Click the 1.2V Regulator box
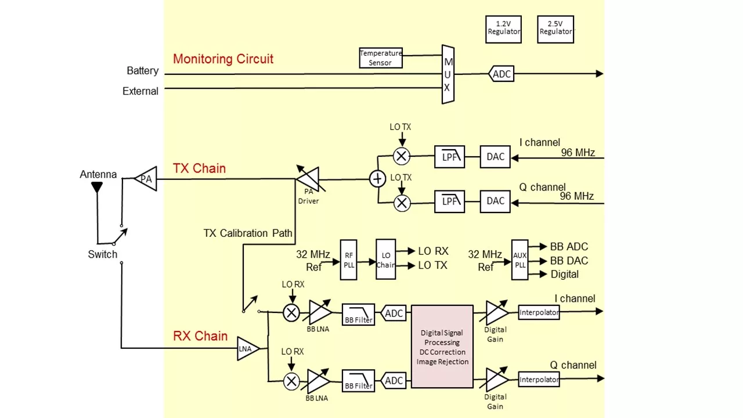503,29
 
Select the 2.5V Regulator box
556,29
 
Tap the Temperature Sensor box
381,58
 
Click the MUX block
448,74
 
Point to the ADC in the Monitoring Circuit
502,74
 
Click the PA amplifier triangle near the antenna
146,179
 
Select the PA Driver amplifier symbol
308,179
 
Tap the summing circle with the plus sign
378,179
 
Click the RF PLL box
349,260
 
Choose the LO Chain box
385,260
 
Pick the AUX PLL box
520,260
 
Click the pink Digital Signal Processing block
442,347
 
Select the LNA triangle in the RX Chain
247,349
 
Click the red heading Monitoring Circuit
223,59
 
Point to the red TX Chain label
199,168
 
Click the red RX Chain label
200,337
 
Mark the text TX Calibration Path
248,233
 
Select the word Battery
143,71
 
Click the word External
140,91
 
